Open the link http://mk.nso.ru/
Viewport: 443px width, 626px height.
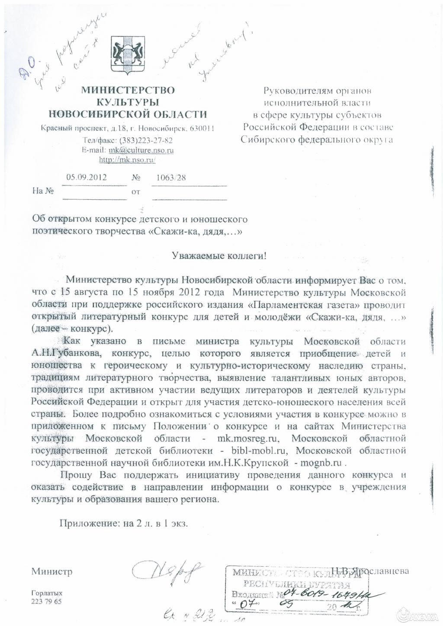[x=127, y=160]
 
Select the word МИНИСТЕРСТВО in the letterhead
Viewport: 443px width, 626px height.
[x=128, y=90]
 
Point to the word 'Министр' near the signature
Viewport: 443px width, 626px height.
[x=51, y=572]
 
